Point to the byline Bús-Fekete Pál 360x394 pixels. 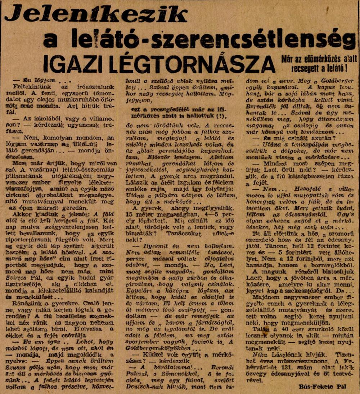pyautogui.click(x=322, y=386)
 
